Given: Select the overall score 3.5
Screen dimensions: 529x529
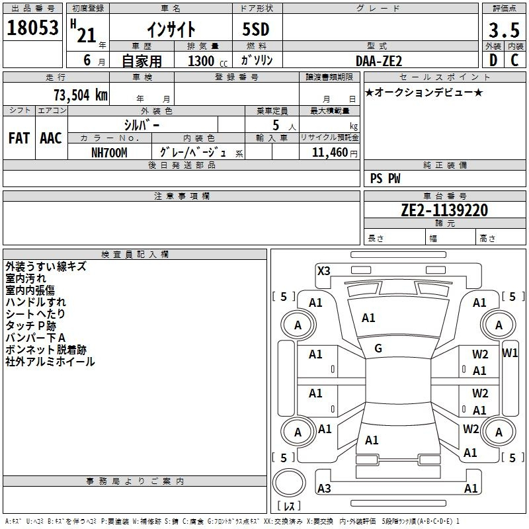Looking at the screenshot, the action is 503,30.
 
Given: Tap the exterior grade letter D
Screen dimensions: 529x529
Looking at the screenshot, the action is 493,60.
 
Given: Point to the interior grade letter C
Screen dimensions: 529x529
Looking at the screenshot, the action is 514,60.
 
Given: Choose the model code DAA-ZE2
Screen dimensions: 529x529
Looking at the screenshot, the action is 379,61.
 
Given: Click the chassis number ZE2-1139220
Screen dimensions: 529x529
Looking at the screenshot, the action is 444,211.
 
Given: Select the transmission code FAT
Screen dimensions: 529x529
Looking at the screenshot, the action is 19,138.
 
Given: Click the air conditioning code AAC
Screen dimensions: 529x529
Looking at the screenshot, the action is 51,138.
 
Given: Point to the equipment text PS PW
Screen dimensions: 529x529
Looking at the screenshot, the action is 385,179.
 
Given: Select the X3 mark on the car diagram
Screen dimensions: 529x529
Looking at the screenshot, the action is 323,270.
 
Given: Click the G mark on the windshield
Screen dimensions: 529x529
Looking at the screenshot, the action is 378,348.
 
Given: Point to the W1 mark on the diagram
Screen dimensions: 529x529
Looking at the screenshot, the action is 510,352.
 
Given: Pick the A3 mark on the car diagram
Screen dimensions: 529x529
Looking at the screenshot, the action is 324,489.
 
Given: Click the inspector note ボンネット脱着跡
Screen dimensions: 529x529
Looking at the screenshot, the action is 46,349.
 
